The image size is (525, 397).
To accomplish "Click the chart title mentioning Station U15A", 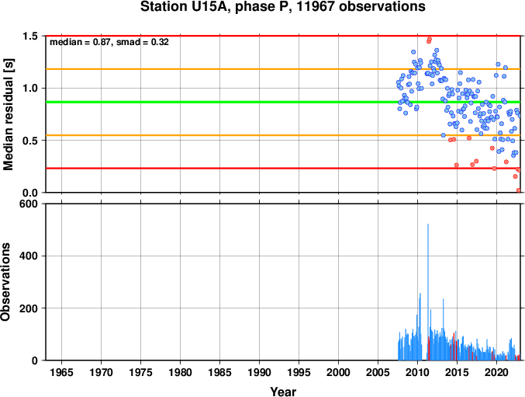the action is [x=282, y=6].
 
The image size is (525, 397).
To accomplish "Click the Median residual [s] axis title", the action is [x=8, y=114].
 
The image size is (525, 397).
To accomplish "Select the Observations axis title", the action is [x=5, y=282].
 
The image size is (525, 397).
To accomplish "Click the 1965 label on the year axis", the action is [x=61, y=372].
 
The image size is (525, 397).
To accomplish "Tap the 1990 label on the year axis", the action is [x=259, y=372].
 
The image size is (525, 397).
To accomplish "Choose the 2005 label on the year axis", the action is [x=378, y=372].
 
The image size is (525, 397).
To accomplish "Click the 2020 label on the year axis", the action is [x=496, y=372].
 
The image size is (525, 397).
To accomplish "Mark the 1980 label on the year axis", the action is [x=180, y=372].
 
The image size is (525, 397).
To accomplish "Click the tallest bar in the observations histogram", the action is [x=428, y=292].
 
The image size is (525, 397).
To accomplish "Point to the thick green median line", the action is [x=283, y=102].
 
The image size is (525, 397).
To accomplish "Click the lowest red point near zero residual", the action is [x=519, y=190].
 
